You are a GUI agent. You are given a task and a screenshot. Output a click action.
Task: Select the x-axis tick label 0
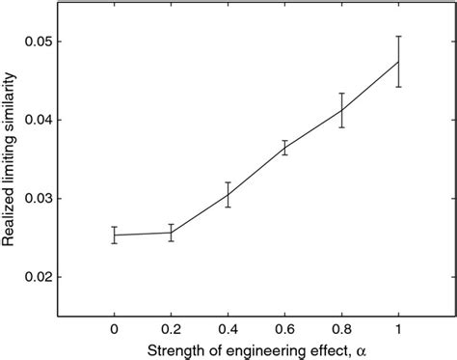pyautogui.click(x=115, y=326)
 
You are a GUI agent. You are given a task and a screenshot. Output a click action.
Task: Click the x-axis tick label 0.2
pyautogui.click(x=171, y=326)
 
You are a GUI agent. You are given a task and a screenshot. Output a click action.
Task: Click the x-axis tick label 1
pyautogui.click(x=398, y=326)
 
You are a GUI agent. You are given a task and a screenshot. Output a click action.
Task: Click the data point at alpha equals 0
pyautogui.click(x=115, y=235)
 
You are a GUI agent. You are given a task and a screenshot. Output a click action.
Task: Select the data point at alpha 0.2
pyautogui.click(x=171, y=233)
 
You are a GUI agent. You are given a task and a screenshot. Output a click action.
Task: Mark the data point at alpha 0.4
pyautogui.click(x=228, y=195)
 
